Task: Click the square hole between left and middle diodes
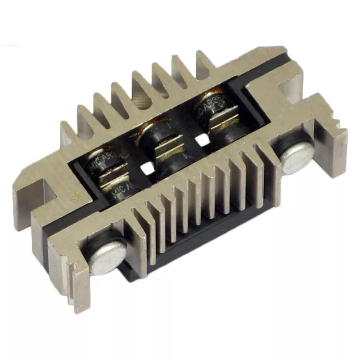coord(145,168)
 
